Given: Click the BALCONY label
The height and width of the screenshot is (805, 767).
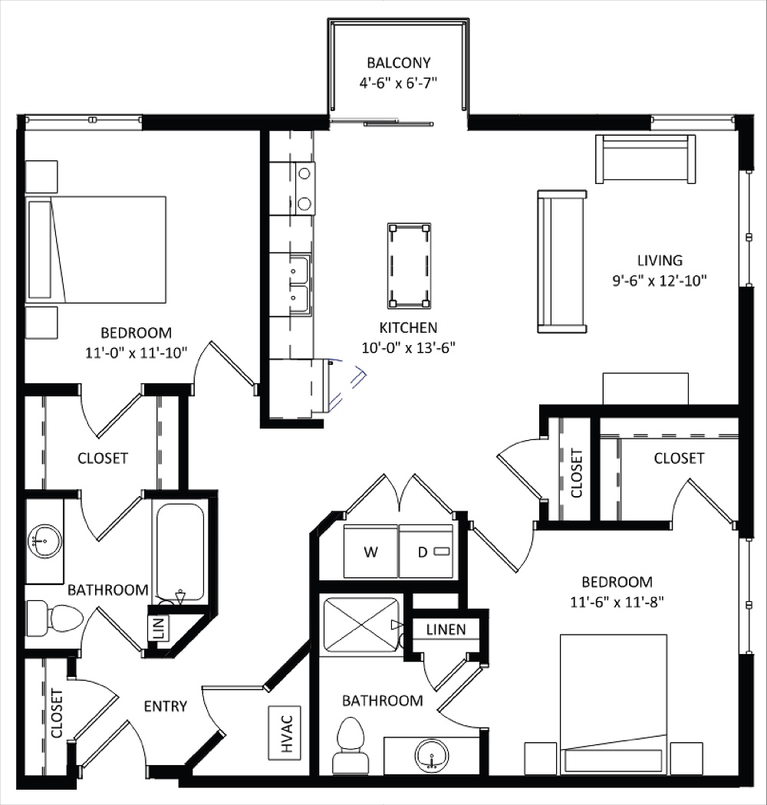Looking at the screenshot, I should click(398, 63).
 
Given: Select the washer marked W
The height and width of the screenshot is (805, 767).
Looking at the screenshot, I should click(370, 551).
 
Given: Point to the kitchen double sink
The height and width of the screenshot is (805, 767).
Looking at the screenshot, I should click(299, 283).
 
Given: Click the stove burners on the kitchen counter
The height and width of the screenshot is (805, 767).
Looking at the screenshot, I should click(304, 189).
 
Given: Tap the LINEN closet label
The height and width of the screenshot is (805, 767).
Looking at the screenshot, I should click(446, 629).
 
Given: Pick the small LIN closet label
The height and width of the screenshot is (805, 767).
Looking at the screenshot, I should click(159, 629).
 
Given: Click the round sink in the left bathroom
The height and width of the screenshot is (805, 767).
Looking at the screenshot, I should click(44, 541).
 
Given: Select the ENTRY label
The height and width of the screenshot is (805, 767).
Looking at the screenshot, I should click(165, 706).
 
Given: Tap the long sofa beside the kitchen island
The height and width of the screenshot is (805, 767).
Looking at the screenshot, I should click(562, 261).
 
